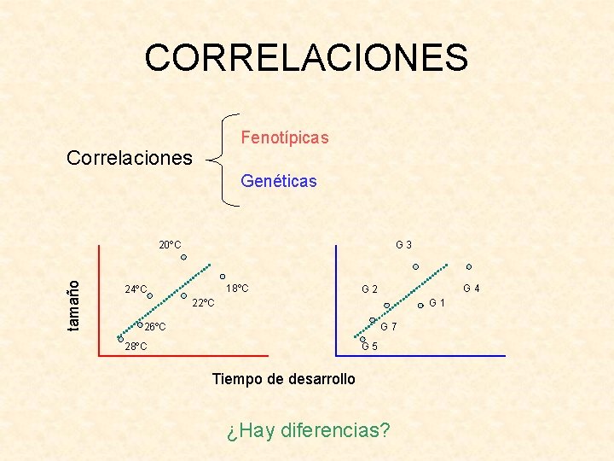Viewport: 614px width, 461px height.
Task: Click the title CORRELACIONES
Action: tap(306, 58)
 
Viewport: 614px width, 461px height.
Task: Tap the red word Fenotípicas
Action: tap(284, 137)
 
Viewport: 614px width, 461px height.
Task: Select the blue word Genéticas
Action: tap(279, 181)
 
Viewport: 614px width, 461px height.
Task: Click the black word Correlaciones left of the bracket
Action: tap(130, 158)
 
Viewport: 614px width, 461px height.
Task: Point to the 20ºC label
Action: tap(170, 245)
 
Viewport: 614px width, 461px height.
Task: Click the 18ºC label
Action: tap(237, 288)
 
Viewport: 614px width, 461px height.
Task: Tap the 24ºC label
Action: tap(135, 289)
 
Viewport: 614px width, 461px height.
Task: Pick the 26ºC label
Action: tap(154, 327)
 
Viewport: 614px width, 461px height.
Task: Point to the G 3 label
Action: tap(404, 245)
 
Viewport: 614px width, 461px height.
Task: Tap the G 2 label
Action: tap(369, 289)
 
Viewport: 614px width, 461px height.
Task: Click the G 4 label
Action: tap(472, 289)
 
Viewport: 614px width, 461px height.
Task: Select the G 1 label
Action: tap(437, 303)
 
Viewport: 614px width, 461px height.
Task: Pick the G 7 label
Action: tap(387, 328)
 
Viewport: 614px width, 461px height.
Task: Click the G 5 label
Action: tap(370, 346)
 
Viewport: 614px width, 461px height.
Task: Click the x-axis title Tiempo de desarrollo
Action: tap(284, 378)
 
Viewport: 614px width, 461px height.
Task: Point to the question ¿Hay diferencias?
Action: tap(309, 429)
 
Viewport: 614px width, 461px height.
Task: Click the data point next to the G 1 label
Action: tap(421, 305)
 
